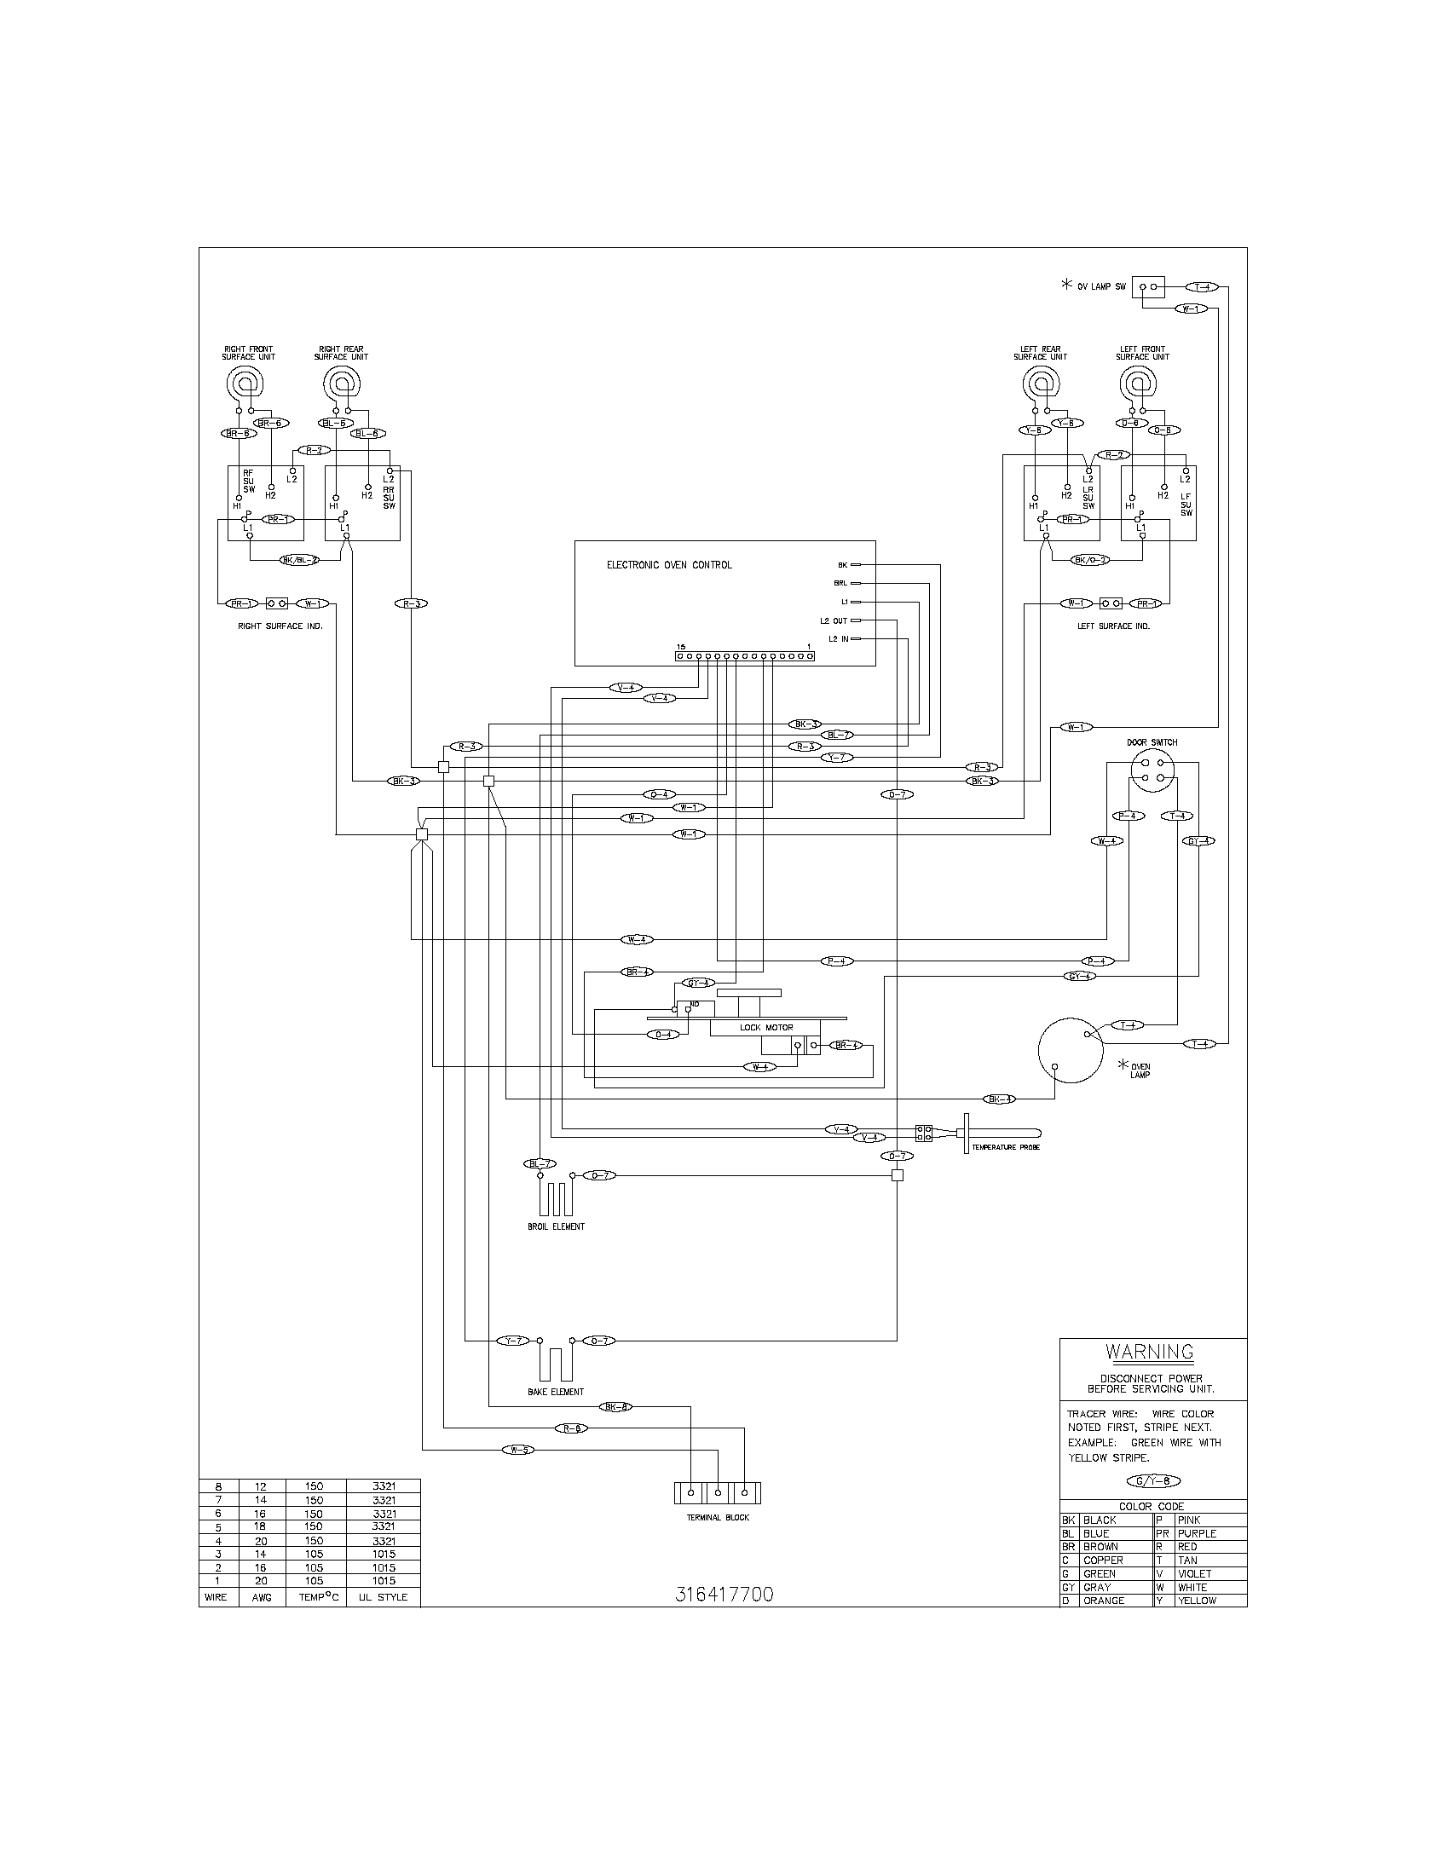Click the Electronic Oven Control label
pyautogui.click(x=670, y=565)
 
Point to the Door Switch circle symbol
pyautogui.click(x=1152, y=770)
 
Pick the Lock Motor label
pyautogui.click(x=765, y=1028)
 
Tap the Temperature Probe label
pyautogui.click(x=1005, y=1147)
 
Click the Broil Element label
pyautogui.click(x=556, y=1226)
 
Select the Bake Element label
pyautogui.click(x=556, y=1392)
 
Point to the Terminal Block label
pyautogui.click(x=718, y=1518)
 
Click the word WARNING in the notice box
pyautogui.click(x=1150, y=1353)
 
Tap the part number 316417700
pyautogui.click(x=724, y=1595)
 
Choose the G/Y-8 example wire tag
pyautogui.click(x=1153, y=1481)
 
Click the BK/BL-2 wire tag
pyautogui.click(x=299, y=561)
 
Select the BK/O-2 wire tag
pyautogui.click(x=1091, y=561)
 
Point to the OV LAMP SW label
pyautogui.click(x=1101, y=286)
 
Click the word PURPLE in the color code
pyautogui.click(x=1197, y=1533)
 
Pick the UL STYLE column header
pyautogui.click(x=383, y=1598)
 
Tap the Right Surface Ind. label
pyautogui.click(x=280, y=626)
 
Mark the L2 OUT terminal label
pyautogui.click(x=833, y=620)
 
